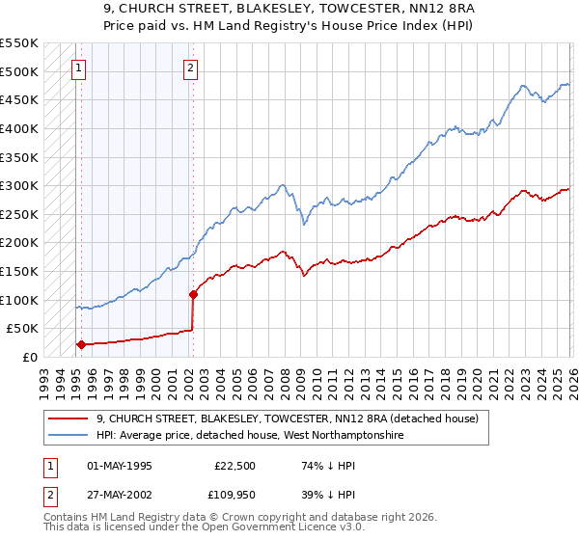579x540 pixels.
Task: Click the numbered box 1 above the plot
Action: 77,67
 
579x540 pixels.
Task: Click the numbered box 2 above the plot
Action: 191,67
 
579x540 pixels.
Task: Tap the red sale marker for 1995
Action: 81,344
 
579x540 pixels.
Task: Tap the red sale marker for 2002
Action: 194,294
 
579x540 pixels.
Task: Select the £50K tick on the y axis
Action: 23,329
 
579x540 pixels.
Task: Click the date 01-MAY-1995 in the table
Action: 120,466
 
